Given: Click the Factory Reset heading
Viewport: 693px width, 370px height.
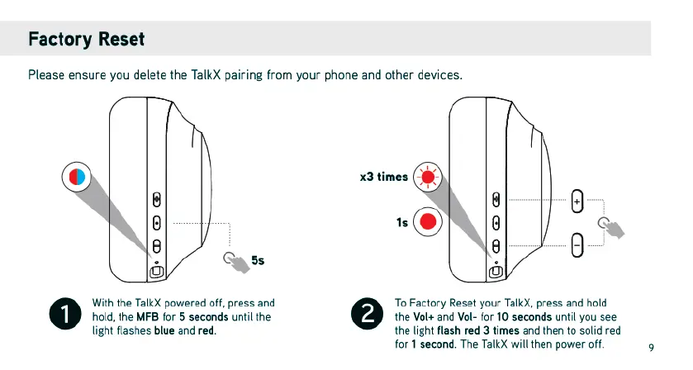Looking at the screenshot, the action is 86,39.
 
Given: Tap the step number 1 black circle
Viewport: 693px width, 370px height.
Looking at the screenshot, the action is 65,314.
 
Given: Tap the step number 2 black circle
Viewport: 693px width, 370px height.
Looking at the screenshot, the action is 368,314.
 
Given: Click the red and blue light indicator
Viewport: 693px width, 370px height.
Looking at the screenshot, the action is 77,177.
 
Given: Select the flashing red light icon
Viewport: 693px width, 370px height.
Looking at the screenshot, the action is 428,177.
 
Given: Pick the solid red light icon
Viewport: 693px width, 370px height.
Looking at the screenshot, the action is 428,221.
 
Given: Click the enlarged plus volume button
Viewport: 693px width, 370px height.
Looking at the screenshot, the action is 577,202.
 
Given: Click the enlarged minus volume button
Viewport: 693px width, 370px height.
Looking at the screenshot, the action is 577,245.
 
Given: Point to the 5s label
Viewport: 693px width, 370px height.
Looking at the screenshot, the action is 258,260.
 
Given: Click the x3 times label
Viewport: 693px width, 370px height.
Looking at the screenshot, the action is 383,177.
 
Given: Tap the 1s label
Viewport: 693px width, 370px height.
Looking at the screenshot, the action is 402,222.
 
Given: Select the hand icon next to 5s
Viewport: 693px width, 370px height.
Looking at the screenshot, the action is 236,262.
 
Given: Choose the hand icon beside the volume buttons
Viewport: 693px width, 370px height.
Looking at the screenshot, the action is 611,228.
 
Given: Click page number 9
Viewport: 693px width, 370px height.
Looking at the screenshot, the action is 651,348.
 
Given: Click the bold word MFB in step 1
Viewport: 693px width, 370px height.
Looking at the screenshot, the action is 148,317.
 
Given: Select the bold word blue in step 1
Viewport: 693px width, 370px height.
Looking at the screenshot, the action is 164,330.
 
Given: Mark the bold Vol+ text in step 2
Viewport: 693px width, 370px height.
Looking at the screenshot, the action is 424,317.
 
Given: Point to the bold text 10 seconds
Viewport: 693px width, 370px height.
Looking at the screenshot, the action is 524,317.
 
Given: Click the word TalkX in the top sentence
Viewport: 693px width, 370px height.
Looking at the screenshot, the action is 206,74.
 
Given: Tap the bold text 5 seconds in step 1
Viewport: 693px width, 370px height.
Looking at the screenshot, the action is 204,317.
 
